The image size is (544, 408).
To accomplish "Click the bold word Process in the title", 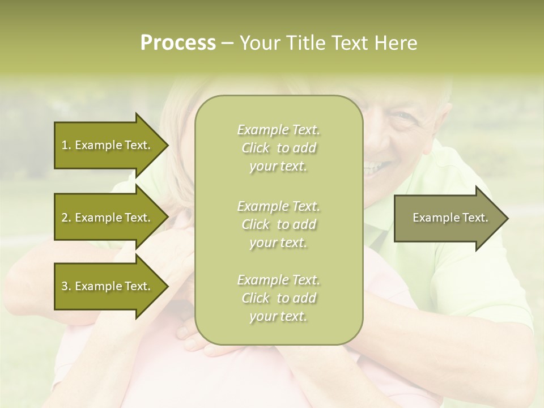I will coord(178,43).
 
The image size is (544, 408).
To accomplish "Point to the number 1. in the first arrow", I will coord(66,145).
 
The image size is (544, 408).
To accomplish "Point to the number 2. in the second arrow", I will coord(66,218).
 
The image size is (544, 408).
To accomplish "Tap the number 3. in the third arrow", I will coord(66,286).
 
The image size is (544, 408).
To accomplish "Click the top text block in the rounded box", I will coord(278,148).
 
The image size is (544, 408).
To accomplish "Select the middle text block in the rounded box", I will coord(278,224).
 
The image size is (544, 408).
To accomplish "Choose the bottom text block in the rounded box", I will coord(278,298).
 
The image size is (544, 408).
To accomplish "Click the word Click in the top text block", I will coord(256,148).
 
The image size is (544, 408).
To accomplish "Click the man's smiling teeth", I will coord(374,167).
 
